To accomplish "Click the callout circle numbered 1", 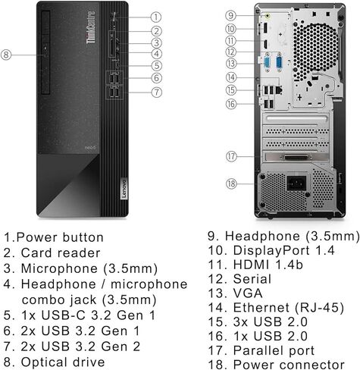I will tap(155, 16).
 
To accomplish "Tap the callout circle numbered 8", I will tap(7, 54).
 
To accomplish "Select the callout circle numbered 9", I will tap(232, 14).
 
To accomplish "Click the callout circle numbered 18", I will tap(232, 183).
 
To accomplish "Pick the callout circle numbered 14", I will tap(232, 77).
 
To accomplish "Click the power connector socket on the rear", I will tap(296, 182).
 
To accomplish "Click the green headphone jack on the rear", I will tap(267, 14).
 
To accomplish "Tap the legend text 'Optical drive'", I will tap(61, 362).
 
